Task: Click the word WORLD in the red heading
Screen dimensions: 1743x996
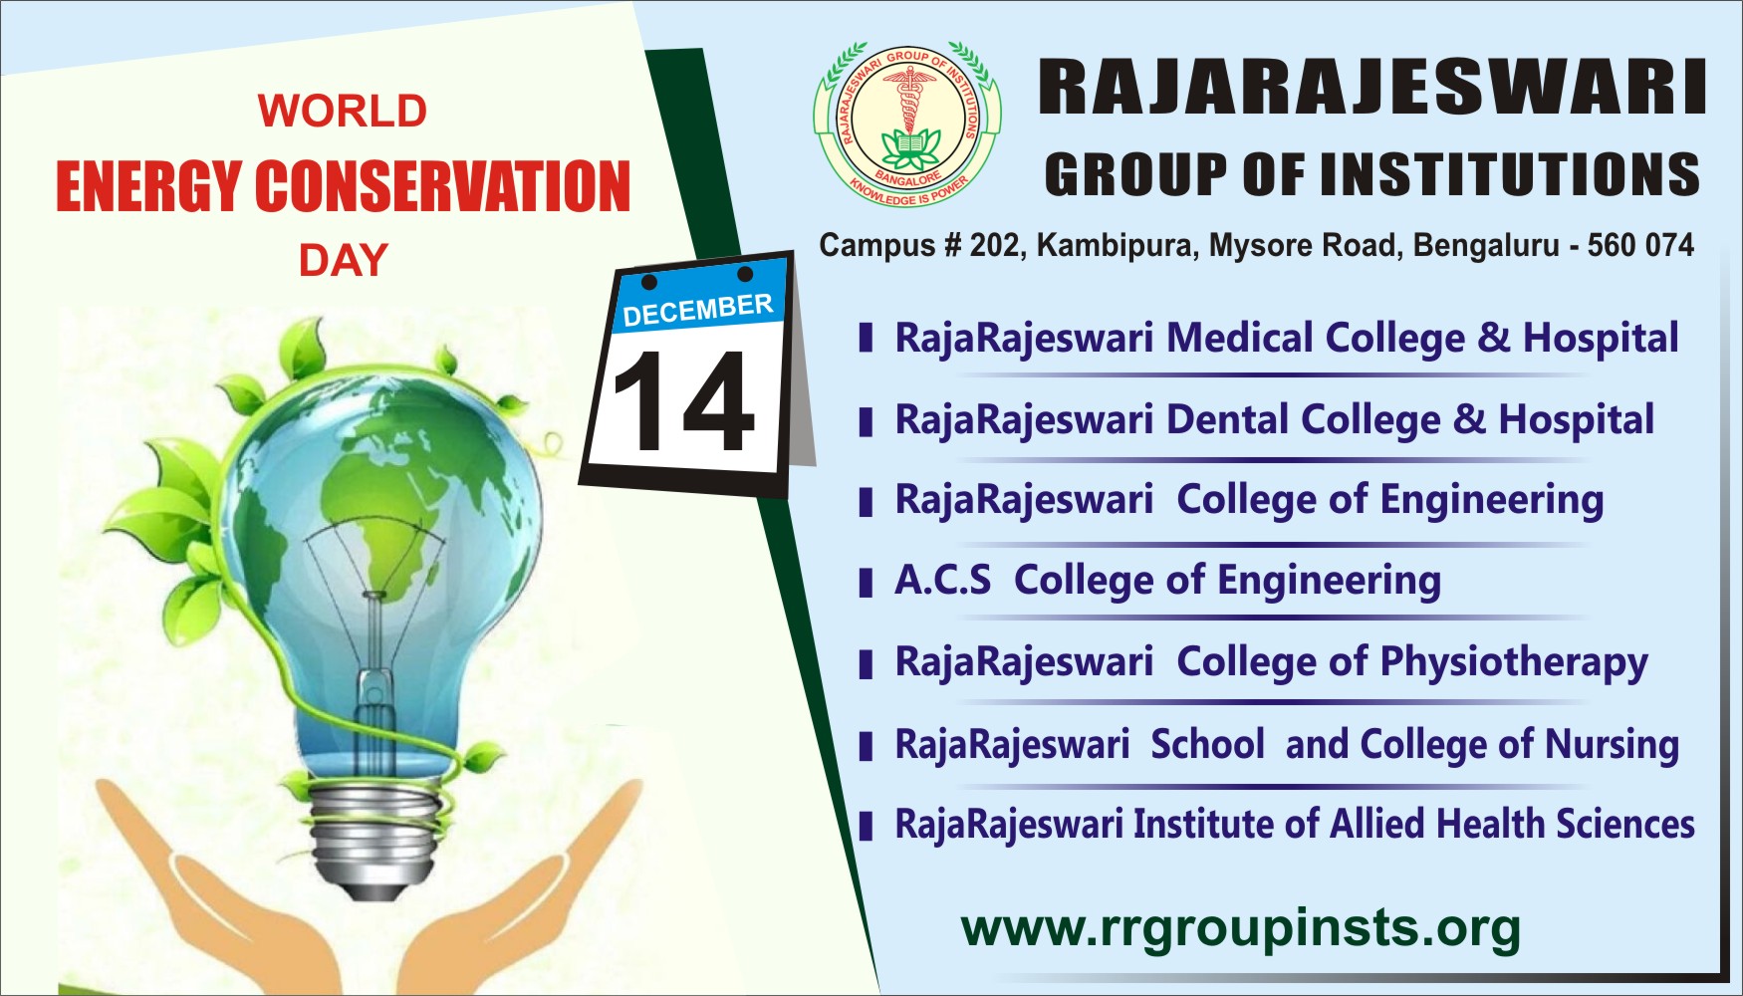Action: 343,111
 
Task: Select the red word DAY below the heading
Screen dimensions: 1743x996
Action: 344,261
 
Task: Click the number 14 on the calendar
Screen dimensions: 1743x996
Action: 683,400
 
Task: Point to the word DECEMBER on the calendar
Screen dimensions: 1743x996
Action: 697,310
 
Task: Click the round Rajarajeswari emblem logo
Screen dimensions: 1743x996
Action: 906,124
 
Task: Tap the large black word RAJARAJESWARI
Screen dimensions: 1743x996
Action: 1372,88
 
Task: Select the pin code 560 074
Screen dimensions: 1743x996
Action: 1640,245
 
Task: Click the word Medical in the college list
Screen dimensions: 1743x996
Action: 1240,338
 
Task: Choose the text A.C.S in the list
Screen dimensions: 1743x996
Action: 942,580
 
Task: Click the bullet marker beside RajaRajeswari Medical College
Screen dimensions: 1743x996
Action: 866,339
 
